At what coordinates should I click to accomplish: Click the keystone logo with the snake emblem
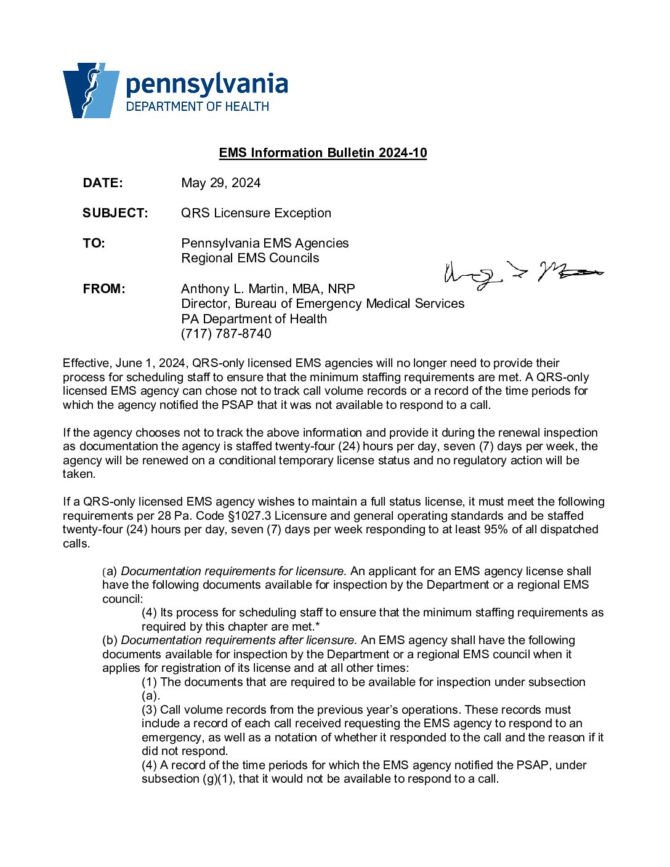[91, 90]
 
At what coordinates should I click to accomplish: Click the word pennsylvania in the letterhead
[206, 84]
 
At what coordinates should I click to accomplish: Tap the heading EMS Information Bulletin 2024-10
[323, 153]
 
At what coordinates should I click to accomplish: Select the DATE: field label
[103, 183]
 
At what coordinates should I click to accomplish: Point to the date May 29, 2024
[220, 183]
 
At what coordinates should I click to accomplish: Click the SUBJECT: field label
[115, 213]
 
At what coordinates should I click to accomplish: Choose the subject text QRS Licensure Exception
[256, 213]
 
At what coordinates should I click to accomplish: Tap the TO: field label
[94, 243]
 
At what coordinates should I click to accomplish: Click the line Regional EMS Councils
[250, 258]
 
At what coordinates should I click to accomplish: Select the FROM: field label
[104, 289]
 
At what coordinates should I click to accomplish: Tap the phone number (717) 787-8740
[226, 334]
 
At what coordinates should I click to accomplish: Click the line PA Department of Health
[254, 319]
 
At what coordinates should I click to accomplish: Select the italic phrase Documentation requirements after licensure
[239, 640]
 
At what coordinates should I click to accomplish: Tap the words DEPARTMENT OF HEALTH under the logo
[197, 107]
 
